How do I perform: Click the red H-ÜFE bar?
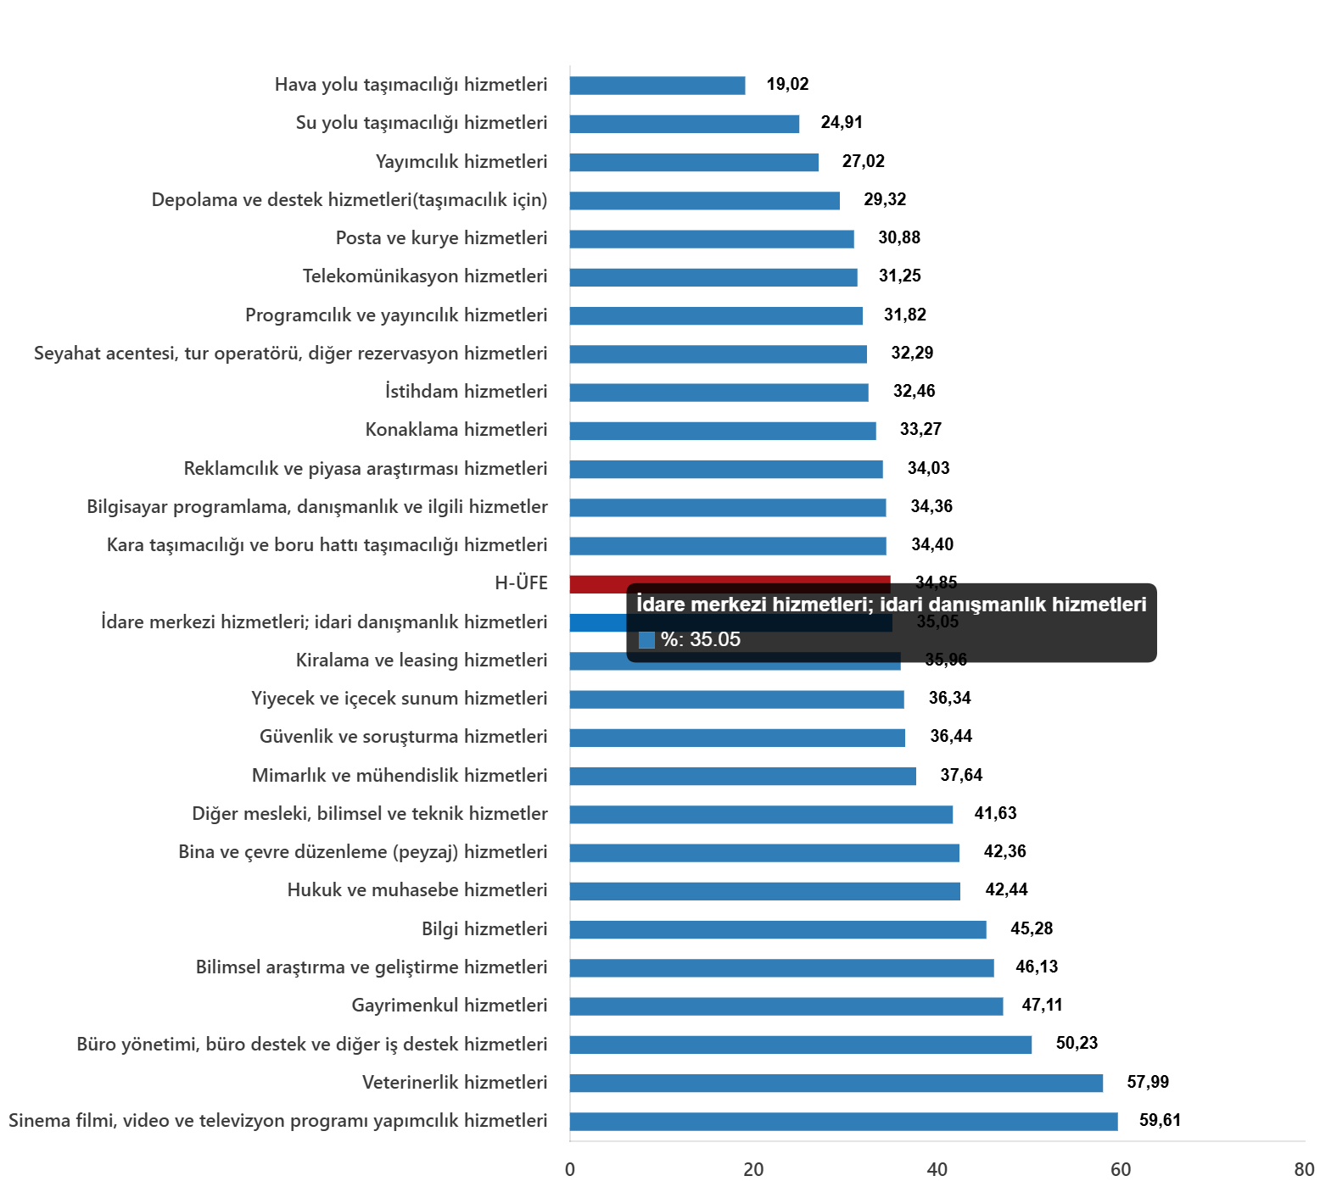[598, 583]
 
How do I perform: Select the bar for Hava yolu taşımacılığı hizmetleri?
[657, 86]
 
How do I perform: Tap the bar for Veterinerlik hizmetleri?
[836, 1084]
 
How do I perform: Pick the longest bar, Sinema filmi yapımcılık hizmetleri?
[843, 1122]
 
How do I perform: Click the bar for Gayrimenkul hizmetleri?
[786, 1006]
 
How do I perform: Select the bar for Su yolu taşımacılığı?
[685, 124]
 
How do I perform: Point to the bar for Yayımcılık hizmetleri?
[694, 163]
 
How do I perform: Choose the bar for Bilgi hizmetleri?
[777, 930]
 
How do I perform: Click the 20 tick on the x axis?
[753, 1170]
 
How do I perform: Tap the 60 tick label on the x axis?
[1121, 1170]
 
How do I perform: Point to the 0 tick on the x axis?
[570, 1170]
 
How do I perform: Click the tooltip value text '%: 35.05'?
[701, 639]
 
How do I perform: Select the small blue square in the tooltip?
[646, 640]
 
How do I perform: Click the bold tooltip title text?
[891, 605]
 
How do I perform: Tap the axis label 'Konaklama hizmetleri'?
[456, 430]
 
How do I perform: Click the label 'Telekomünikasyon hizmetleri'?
[425, 276]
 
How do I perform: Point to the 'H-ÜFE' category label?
[521, 583]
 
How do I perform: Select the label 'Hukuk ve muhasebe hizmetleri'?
[417, 890]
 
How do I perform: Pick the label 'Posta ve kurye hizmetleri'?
[441, 238]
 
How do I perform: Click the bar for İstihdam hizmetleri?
[719, 393]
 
